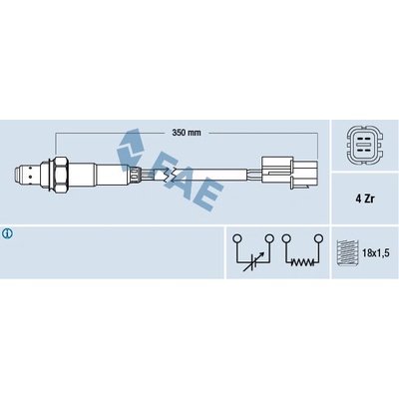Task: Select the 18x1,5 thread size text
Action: (x=375, y=253)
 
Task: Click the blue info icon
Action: (x=7, y=233)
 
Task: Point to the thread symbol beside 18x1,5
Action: (x=347, y=253)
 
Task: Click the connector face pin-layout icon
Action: (x=365, y=146)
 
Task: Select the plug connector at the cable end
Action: (x=289, y=173)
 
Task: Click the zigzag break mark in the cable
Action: (x=171, y=175)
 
